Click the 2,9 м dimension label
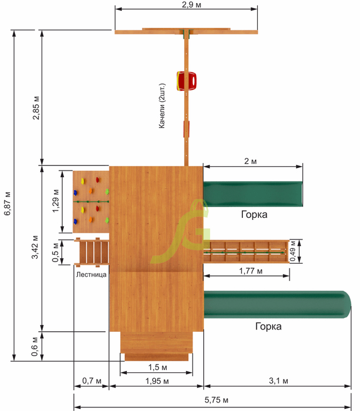[192, 4]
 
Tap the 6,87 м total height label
[7, 204]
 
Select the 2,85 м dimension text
[36, 108]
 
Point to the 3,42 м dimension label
[35, 247]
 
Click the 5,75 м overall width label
[216, 400]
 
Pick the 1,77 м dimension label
[250, 271]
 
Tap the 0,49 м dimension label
[293, 251]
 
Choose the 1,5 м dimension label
[157, 367]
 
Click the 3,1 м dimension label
[278, 381]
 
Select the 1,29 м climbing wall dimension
[55, 201]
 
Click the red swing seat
[186, 81]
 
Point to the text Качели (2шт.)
[162, 106]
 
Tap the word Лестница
[91, 275]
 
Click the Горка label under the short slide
[254, 215]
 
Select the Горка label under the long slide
[269, 326]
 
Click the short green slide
[253, 194]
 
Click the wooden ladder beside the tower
[91, 252]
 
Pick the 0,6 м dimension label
[34, 347]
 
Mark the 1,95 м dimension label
[157, 381]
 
